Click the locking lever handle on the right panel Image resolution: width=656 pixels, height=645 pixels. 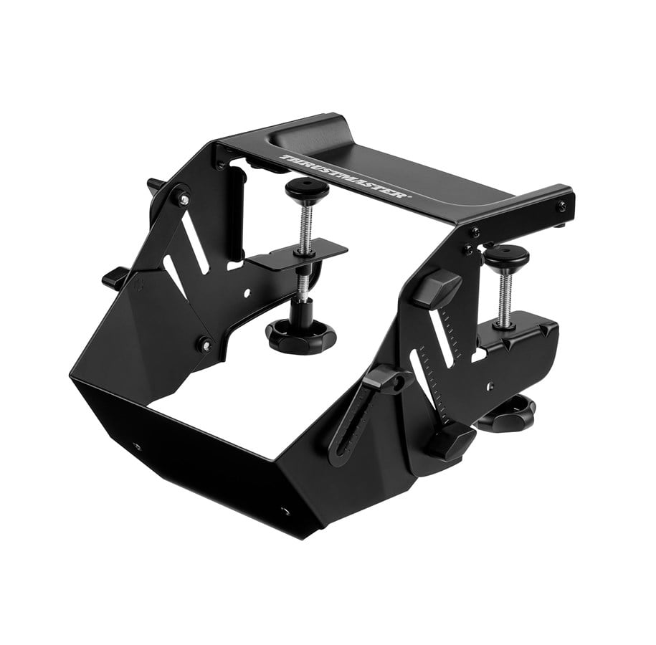click(381, 379)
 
